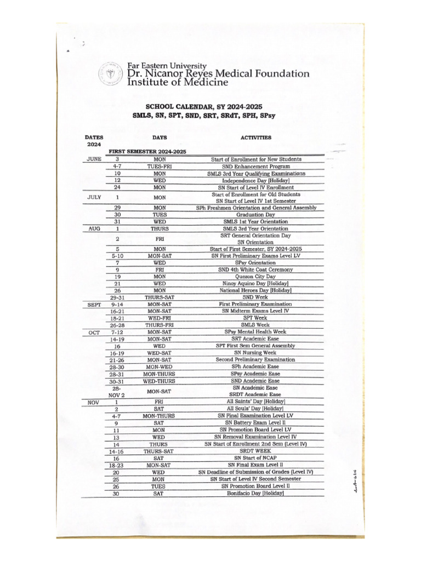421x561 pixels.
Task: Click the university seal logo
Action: pos(110,73)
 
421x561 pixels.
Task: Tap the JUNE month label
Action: pos(94,159)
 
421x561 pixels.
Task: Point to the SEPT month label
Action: pos(94,304)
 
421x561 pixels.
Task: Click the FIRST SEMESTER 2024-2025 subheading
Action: pos(147,151)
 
